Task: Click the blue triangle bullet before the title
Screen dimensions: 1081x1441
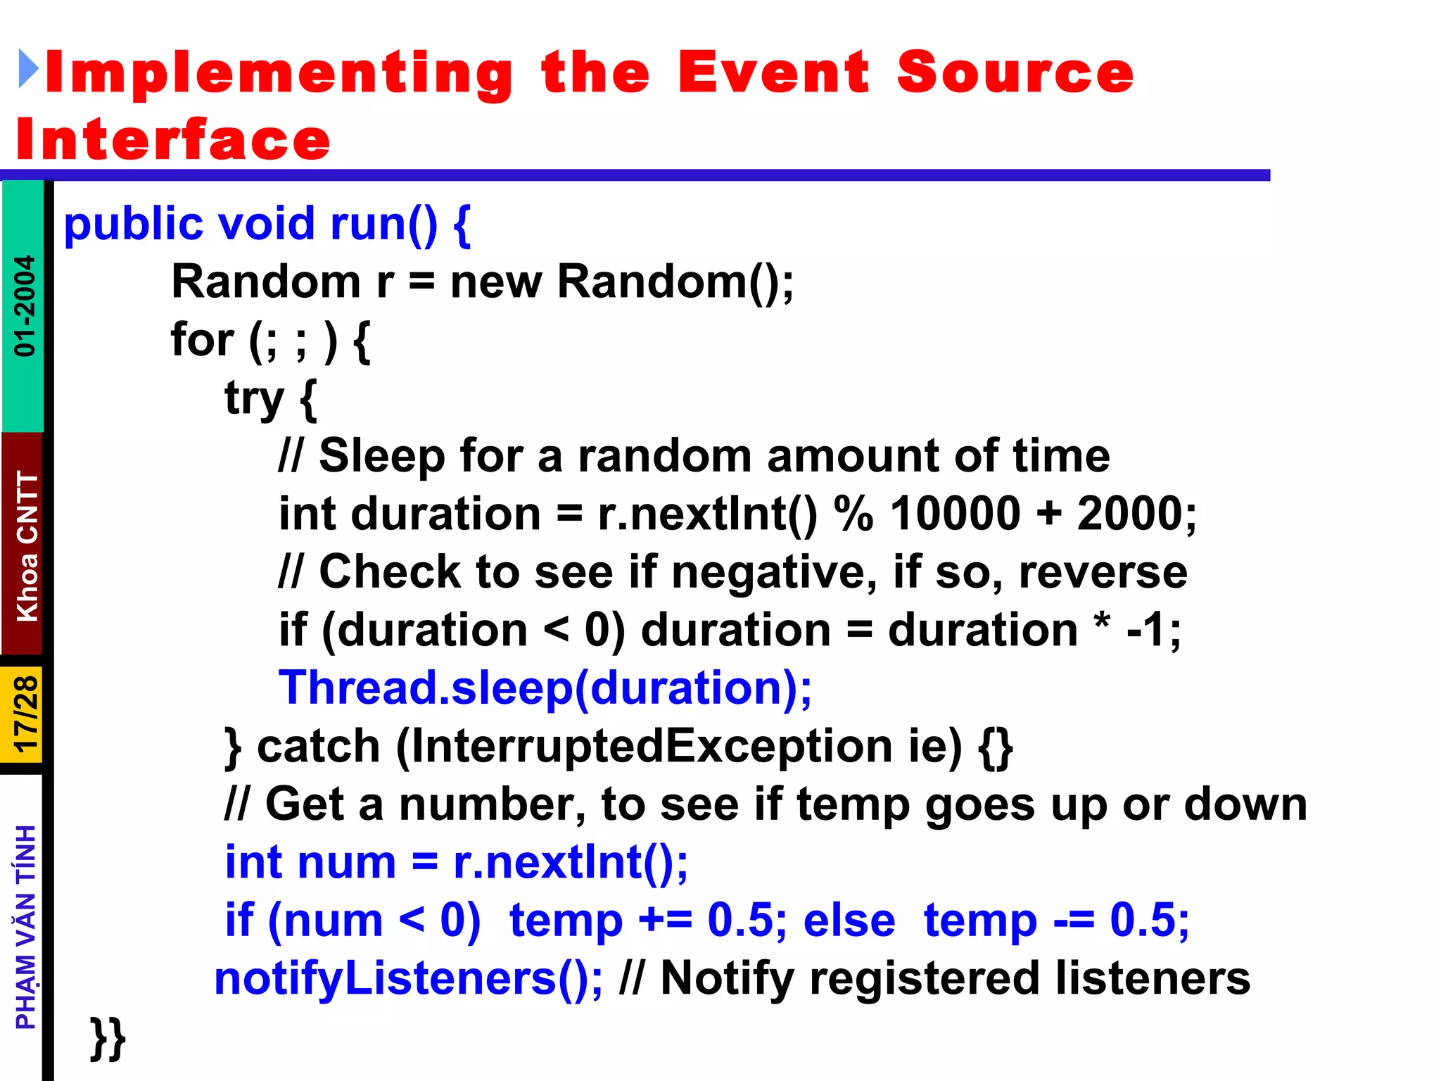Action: click(28, 69)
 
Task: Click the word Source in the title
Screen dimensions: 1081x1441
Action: click(1015, 72)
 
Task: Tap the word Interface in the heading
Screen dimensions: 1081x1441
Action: click(173, 139)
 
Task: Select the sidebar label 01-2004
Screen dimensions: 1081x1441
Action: click(25, 305)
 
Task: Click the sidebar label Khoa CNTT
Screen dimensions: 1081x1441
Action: click(27, 545)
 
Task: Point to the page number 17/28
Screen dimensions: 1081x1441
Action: click(25, 715)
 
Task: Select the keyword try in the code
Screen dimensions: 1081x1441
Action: click(254, 398)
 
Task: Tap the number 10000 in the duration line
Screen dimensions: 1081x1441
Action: click(955, 514)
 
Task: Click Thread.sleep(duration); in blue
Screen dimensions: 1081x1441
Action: click(545, 688)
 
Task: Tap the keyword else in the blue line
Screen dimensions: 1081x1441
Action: click(849, 921)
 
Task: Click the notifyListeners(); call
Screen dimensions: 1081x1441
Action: click(408, 978)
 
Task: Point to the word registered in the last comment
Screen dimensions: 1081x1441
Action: click(924, 978)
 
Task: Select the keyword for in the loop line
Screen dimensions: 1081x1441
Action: click(202, 340)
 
